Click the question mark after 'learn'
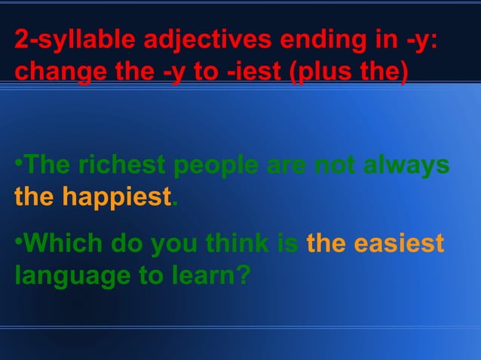click(242, 276)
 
